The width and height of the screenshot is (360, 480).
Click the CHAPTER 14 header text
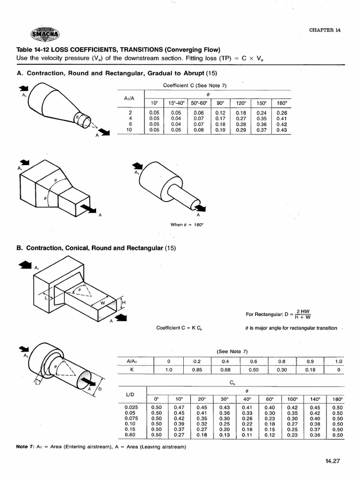pyautogui.click(x=325, y=30)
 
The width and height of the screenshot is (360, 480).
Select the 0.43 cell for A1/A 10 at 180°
pyautogui.click(x=281, y=130)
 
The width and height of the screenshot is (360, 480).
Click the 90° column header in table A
pyautogui.click(x=220, y=103)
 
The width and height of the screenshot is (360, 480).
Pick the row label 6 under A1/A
pyautogui.click(x=130, y=124)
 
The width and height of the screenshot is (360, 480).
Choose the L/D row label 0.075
pyautogui.click(x=131, y=418)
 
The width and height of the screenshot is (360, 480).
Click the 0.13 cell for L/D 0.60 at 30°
pyautogui.click(x=225, y=435)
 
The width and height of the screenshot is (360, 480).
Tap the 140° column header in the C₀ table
pyautogui.click(x=315, y=399)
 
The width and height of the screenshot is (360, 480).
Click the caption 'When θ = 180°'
pyautogui.click(x=187, y=225)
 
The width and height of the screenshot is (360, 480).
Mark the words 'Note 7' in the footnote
pyautogui.click(x=25, y=447)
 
